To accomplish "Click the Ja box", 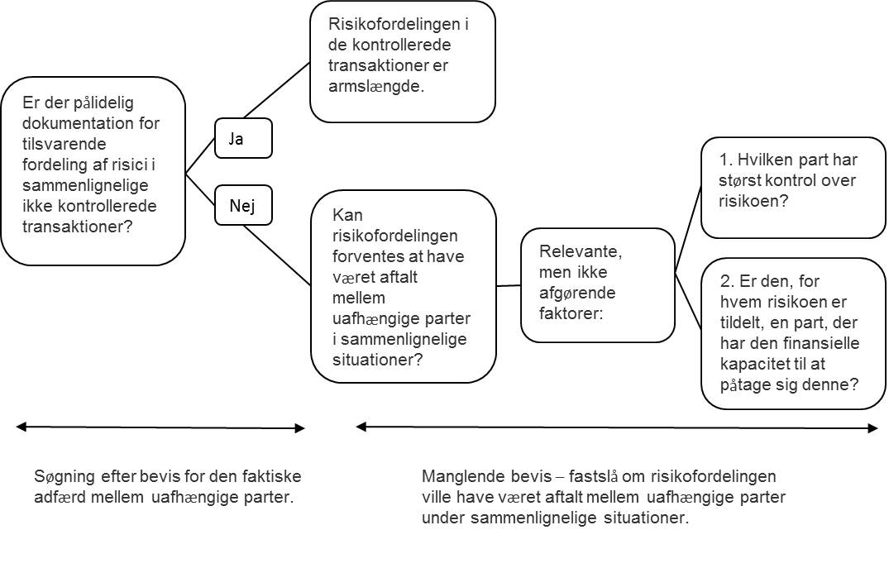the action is coord(243,138).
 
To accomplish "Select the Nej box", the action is coord(243,205).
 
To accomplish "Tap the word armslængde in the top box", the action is coord(376,86).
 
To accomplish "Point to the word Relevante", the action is coord(580,251).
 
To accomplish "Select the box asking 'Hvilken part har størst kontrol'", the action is coord(793,188).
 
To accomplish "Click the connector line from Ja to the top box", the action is coord(277,90).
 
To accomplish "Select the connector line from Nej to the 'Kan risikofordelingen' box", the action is coord(277,255).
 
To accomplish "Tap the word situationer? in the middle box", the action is coord(378,360).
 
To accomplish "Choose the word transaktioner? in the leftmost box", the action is coord(77,227).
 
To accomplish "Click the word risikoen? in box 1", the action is coord(753,201).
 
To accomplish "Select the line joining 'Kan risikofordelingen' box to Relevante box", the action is coord(509,286).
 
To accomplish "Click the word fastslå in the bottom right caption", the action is coord(593,475).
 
